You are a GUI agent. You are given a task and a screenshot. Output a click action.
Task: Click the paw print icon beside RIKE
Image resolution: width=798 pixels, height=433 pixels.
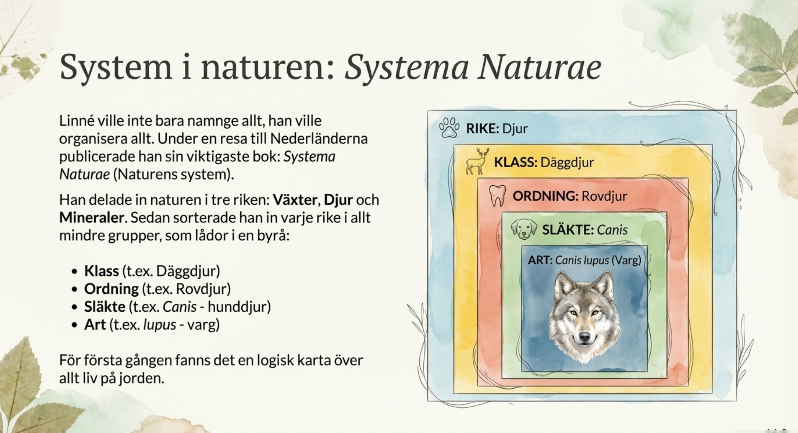coord(450,128)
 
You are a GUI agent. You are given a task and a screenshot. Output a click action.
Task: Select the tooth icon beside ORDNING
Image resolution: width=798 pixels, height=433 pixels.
coord(497,196)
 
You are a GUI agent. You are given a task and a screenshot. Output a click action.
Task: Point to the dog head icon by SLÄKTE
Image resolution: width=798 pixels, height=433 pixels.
coord(524,229)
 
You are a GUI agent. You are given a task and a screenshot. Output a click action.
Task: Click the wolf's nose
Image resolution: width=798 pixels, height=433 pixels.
coord(584,337)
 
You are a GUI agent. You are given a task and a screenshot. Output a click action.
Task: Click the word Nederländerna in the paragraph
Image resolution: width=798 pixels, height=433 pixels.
coord(319,139)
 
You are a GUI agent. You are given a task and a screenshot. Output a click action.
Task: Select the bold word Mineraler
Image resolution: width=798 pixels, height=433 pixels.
coord(91,218)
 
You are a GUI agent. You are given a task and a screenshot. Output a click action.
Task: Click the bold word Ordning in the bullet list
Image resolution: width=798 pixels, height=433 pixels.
coord(111,289)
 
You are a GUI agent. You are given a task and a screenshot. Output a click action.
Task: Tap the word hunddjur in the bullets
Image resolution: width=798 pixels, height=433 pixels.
coord(239,307)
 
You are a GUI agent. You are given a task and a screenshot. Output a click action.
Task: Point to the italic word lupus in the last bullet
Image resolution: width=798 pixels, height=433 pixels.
coord(160,325)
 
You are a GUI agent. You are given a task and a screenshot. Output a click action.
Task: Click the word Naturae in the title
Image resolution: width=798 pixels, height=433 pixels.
coord(539,67)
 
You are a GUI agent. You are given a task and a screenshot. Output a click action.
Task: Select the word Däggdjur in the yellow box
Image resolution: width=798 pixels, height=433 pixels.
coord(567,162)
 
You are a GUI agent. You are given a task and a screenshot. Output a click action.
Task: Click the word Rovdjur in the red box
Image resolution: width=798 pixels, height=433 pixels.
coord(604,196)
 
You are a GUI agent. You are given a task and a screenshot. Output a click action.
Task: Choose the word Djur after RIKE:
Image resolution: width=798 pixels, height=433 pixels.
coord(515,129)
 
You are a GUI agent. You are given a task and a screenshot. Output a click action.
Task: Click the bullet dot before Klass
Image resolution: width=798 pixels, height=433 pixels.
coord(75,272)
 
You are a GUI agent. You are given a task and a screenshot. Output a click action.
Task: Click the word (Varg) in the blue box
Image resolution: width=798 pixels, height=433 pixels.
coord(626,260)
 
